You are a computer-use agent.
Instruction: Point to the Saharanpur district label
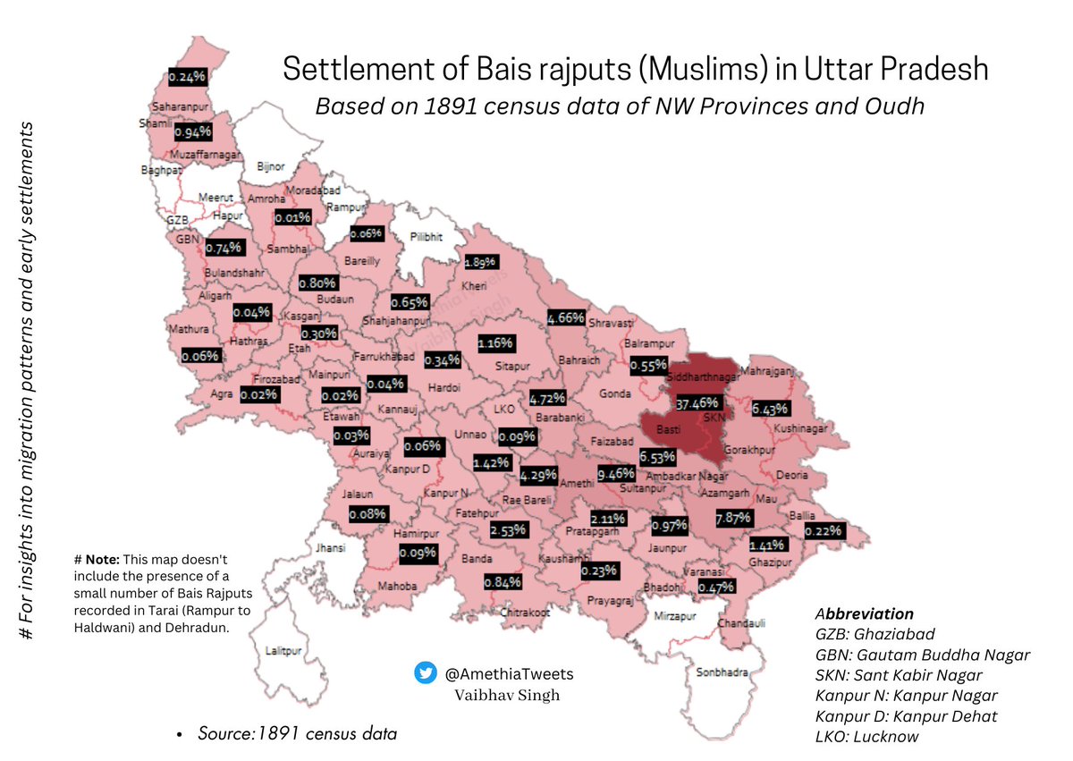(173, 106)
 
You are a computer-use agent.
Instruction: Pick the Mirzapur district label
(671, 616)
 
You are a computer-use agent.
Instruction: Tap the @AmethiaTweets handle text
(509, 673)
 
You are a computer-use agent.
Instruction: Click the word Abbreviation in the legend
(864, 614)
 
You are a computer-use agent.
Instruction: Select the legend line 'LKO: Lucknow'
(867, 736)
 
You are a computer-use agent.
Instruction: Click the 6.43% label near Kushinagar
(770, 410)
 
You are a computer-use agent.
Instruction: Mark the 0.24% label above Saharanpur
(188, 77)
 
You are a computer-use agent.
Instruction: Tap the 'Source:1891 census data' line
(296, 733)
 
